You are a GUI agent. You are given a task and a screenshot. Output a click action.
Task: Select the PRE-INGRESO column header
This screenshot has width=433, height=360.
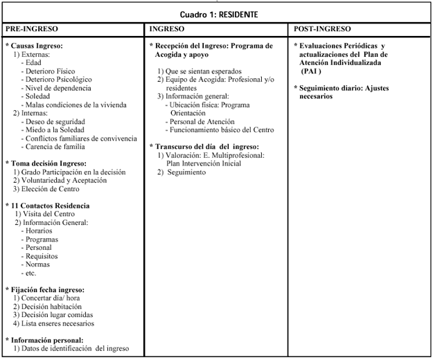click(x=32, y=29)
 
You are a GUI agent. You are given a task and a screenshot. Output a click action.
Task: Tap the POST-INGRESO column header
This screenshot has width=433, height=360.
click(x=322, y=29)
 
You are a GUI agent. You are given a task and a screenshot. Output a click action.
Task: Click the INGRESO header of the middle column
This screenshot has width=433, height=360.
click(x=167, y=29)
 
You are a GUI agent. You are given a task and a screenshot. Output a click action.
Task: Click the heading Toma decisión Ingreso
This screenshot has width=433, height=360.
click(x=46, y=163)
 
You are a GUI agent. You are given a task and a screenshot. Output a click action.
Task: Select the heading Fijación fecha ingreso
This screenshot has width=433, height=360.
click(x=46, y=289)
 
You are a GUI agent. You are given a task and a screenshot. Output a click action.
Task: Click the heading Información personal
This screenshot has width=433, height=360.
click(x=46, y=340)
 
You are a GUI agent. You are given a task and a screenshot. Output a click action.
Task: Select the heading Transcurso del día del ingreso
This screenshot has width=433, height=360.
click(x=205, y=147)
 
